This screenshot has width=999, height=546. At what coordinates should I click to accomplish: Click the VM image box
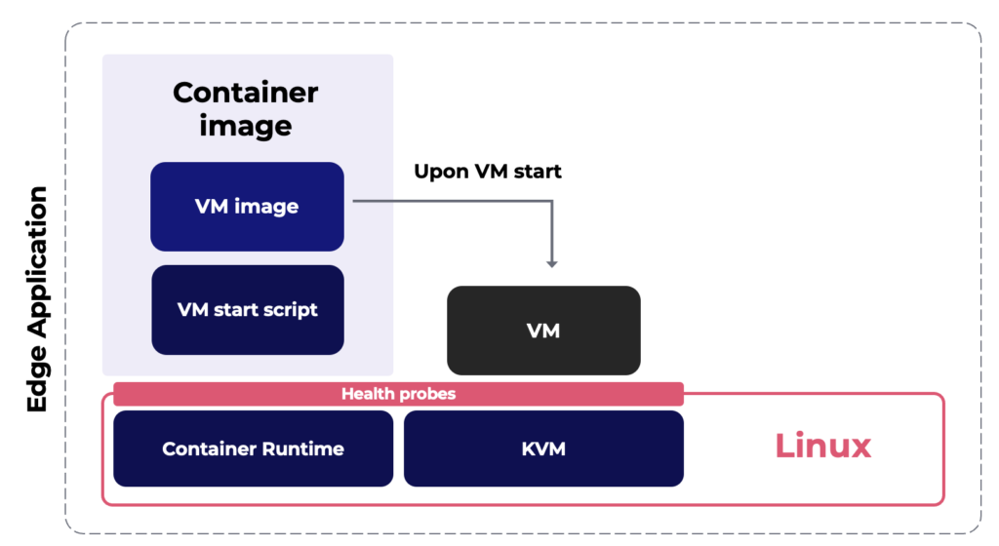(247, 207)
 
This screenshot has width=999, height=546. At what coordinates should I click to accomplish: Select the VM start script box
(248, 310)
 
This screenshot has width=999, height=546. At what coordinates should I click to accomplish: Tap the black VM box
(543, 331)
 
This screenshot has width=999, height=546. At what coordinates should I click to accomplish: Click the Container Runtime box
(253, 448)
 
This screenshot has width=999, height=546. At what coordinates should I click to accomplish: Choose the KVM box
(543, 448)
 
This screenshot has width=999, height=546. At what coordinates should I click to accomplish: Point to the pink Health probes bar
(398, 394)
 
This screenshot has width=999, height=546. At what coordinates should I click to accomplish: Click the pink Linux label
(822, 446)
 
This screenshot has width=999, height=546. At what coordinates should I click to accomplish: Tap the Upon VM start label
(488, 172)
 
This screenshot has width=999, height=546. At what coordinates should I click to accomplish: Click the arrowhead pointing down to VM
(552, 262)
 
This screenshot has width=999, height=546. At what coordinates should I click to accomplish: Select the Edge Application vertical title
(37, 298)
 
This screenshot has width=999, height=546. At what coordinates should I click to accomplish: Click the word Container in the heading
(246, 93)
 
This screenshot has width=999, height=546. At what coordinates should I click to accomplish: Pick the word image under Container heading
(246, 126)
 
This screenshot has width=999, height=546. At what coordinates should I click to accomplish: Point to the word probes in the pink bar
(424, 394)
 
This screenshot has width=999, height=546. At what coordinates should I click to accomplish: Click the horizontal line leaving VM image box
(449, 201)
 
